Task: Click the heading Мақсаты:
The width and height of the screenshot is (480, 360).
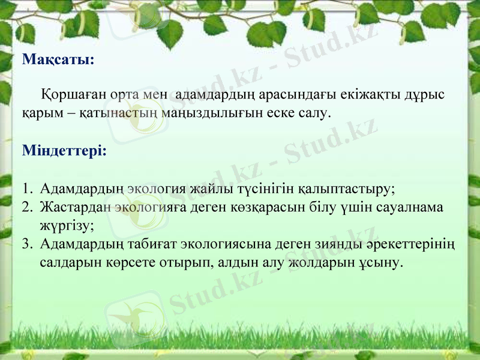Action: pos(58,60)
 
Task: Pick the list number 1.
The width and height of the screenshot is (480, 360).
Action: pos(26,190)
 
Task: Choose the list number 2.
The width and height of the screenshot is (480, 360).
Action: pos(27,208)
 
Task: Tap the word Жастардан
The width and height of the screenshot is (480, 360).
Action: pos(76,208)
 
